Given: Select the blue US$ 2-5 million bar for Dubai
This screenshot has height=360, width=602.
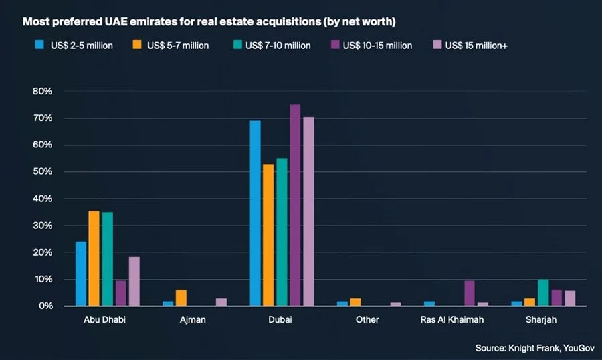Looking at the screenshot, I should pyautogui.click(x=255, y=213).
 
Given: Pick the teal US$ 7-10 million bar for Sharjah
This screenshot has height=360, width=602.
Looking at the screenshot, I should pyautogui.click(x=543, y=292).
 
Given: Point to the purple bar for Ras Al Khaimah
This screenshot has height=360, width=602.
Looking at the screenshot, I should pyautogui.click(x=470, y=293).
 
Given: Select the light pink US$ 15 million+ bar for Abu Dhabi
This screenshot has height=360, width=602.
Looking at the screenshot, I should pyautogui.click(x=134, y=281).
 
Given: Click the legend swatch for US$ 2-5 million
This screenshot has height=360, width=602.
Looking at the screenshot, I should pyautogui.click(x=39, y=46).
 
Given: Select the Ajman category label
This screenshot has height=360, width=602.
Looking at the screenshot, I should pyautogui.click(x=193, y=320).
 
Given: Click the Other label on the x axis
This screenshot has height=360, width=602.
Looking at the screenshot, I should pyautogui.click(x=367, y=320).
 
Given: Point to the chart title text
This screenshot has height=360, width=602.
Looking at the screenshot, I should pyautogui.click(x=209, y=22).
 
